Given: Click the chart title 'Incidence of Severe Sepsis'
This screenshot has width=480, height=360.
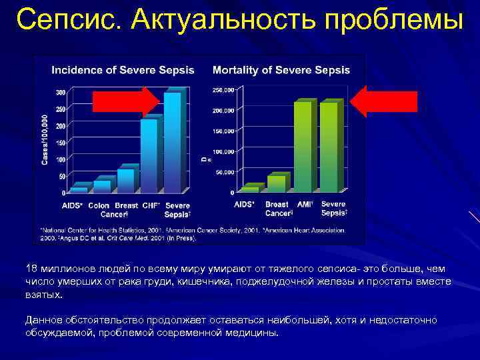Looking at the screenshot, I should coord(123,69).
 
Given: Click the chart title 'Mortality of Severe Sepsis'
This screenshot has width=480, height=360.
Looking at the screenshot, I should coord(281,69).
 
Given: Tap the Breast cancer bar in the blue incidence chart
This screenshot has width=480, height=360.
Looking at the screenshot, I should coord(125,180).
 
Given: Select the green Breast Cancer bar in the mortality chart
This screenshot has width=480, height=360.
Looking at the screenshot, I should coord(275,183).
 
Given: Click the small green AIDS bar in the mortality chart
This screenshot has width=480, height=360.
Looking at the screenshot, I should coord(249,189).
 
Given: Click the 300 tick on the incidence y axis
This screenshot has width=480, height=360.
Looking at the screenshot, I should coord(61,92).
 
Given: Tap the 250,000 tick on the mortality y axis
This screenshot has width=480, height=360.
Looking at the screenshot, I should coord(223,89).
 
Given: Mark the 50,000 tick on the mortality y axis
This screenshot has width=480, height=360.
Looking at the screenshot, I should coord(225,172).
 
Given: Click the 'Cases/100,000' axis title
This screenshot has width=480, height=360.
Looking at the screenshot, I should coord(45,139).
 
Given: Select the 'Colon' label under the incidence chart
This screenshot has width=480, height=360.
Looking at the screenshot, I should coord(99,205).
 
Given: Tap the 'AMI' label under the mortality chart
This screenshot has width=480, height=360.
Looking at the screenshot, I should coord(305,204).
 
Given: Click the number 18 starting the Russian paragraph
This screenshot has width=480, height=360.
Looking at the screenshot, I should coord(31,268).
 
